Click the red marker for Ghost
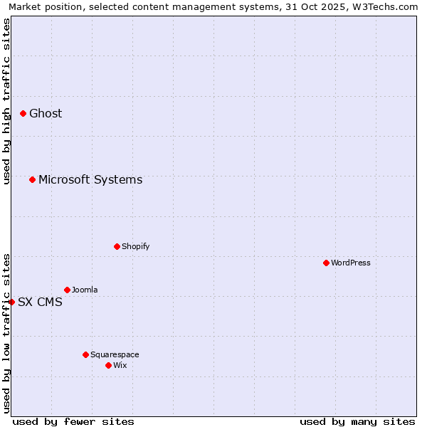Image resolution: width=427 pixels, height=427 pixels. click(23, 113)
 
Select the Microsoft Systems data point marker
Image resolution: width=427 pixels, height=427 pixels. click(32, 179)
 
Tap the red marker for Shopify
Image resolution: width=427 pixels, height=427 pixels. click(117, 246)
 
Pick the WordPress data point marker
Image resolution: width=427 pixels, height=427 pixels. click(326, 263)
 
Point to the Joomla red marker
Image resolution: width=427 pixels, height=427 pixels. click(67, 290)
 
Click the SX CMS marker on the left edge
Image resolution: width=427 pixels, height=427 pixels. click(11, 302)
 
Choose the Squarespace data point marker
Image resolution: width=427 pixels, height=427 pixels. click(85, 354)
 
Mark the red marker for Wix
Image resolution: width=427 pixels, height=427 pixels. click(108, 365)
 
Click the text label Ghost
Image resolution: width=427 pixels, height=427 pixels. click(46, 113)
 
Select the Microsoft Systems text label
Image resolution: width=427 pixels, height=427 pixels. click(90, 179)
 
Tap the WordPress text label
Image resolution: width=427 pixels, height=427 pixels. click(351, 263)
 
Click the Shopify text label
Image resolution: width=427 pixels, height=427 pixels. click(135, 246)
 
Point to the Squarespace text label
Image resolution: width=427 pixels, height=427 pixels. click(115, 354)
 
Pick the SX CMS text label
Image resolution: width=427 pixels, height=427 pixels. click(40, 302)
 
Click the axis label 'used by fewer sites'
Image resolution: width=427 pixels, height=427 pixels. click(73, 421)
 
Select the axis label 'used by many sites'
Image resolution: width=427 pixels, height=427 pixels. click(357, 421)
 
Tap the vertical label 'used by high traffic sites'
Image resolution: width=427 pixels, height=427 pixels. click(6, 101)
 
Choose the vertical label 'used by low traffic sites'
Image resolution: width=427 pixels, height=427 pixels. click(6, 333)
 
